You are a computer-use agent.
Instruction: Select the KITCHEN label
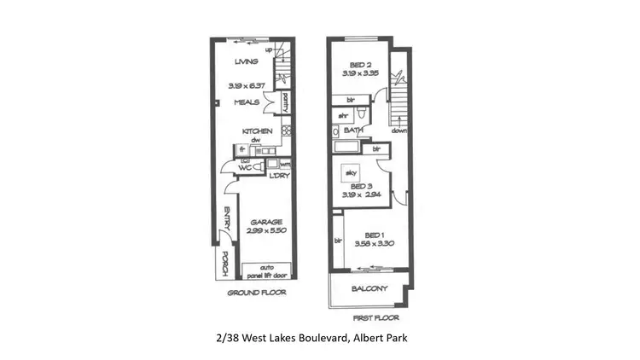(257, 131)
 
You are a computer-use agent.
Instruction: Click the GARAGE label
(266, 222)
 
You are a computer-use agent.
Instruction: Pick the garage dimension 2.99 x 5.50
(266, 231)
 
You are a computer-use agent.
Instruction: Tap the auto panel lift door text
(266, 272)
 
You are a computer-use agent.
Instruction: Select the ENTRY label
(227, 219)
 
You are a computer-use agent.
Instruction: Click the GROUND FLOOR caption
(256, 292)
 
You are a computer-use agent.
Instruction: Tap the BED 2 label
(360, 65)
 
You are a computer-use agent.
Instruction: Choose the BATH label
(354, 131)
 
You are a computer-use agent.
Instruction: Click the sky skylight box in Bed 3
(350, 171)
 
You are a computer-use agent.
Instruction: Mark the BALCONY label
(369, 288)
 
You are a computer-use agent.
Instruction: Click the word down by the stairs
(399, 131)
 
